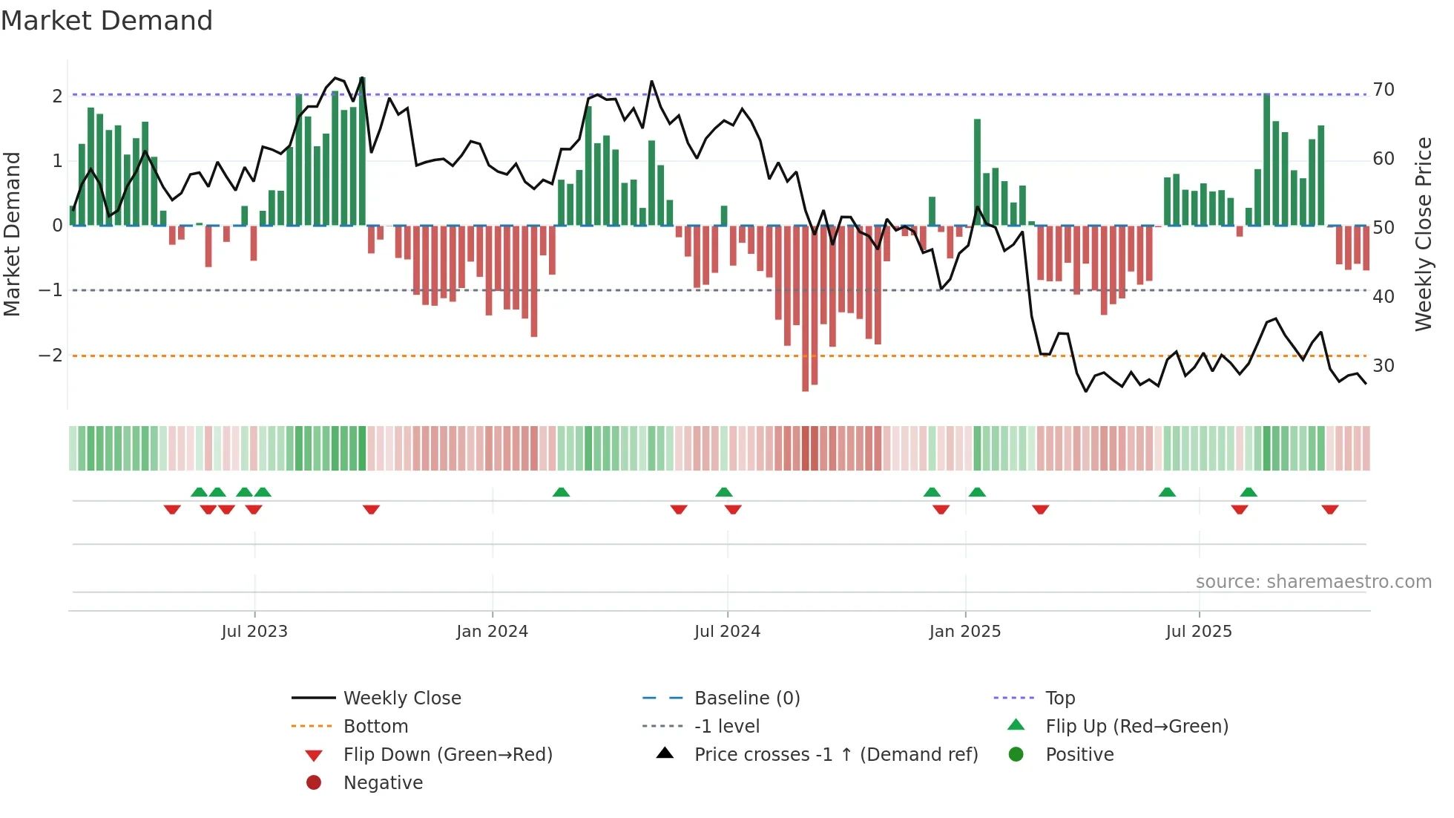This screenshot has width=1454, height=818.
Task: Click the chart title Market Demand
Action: click(107, 21)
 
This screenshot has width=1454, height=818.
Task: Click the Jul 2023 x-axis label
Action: click(254, 632)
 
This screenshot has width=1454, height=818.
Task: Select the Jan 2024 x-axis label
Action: click(492, 632)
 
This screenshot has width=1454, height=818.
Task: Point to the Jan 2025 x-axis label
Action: click(964, 632)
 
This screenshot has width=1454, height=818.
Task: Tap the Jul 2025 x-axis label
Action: click(1198, 632)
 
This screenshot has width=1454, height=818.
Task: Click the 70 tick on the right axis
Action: click(1384, 90)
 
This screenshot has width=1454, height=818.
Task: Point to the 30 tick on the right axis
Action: click(1384, 366)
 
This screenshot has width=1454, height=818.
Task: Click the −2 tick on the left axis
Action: click(50, 356)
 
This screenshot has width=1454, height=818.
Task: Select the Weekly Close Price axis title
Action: click(1423, 234)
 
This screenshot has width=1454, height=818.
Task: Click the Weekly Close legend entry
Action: click(401, 698)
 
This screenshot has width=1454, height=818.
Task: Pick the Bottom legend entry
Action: click(375, 727)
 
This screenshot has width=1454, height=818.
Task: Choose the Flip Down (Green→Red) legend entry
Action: click(447, 755)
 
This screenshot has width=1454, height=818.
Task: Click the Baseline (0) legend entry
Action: click(746, 698)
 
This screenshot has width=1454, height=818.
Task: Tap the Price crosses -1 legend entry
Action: click(835, 755)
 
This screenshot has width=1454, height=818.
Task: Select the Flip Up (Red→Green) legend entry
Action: click(1136, 727)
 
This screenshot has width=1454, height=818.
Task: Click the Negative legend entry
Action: click(383, 783)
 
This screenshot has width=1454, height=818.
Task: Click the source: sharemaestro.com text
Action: click(1313, 582)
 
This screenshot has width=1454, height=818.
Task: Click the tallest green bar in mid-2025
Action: click(1267, 160)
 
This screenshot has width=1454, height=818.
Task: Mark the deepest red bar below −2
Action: click(806, 308)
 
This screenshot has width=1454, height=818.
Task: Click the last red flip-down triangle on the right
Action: click(1329, 509)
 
